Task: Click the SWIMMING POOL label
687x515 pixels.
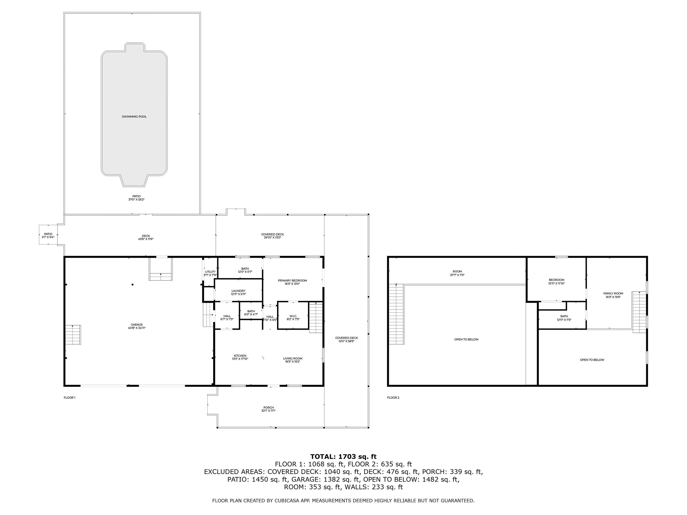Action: coord(134,117)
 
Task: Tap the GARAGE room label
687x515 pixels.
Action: coord(137,325)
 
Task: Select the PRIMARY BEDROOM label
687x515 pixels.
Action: coord(292,281)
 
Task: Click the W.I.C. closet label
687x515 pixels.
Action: coord(293,316)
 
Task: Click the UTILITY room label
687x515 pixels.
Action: coord(210,272)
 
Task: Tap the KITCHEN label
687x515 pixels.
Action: coord(240,356)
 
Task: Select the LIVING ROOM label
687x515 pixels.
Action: coord(293,358)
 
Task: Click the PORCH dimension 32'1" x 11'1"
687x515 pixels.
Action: coord(268,411)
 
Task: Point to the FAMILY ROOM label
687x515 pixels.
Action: coord(613,293)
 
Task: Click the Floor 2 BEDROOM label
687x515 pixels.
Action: coord(556,280)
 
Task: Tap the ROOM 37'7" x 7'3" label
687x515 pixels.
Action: coord(457,272)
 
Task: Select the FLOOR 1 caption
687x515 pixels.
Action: coord(70,398)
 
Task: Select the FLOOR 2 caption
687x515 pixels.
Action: coord(393,398)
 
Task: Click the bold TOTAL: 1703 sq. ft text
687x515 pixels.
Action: coord(343,457)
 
